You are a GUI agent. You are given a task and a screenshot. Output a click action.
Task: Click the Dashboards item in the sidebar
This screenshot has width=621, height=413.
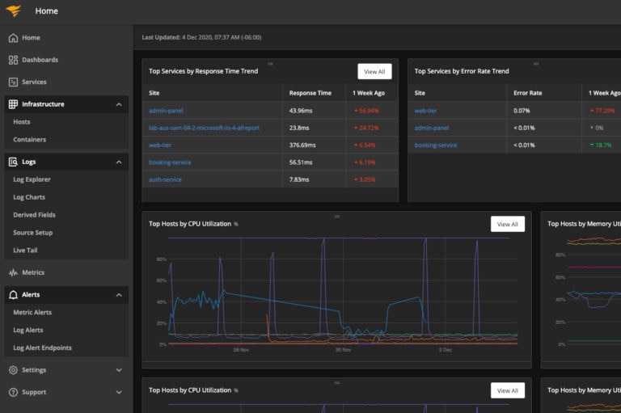[x=39, y=60]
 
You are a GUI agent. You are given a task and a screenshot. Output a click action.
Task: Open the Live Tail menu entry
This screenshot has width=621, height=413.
[x=26, y=251]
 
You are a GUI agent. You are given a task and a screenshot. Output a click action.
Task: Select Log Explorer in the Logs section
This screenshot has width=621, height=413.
[x=32, y=179]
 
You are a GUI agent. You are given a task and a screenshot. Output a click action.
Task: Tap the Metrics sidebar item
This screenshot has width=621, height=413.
[x=32, y=272]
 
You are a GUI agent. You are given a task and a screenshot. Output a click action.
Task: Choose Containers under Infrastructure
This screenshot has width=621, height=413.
[x=29, y=140]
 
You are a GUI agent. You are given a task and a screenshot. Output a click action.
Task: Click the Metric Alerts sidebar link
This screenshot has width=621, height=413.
[x=32, y=313]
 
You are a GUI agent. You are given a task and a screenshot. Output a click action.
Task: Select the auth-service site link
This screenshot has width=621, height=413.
[x=165, y=179]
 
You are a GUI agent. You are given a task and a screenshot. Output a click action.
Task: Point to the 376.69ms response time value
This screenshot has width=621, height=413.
[x=305, y=145]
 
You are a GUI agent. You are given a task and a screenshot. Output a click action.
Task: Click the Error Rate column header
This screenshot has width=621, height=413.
[x=528, y=93]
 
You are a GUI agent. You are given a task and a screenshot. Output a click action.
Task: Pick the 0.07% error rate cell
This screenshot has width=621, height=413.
[x=522, y=110]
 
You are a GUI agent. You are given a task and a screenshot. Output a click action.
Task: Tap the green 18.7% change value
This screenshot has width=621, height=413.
[x=602, y=145]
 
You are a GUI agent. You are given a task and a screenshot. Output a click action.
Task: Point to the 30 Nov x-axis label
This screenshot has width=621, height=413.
[x=343, y=350]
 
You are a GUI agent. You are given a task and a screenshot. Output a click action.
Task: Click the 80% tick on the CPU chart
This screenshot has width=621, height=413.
[x=162, y=259]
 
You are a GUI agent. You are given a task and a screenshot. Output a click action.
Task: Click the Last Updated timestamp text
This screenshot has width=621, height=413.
[x=201, y=37]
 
